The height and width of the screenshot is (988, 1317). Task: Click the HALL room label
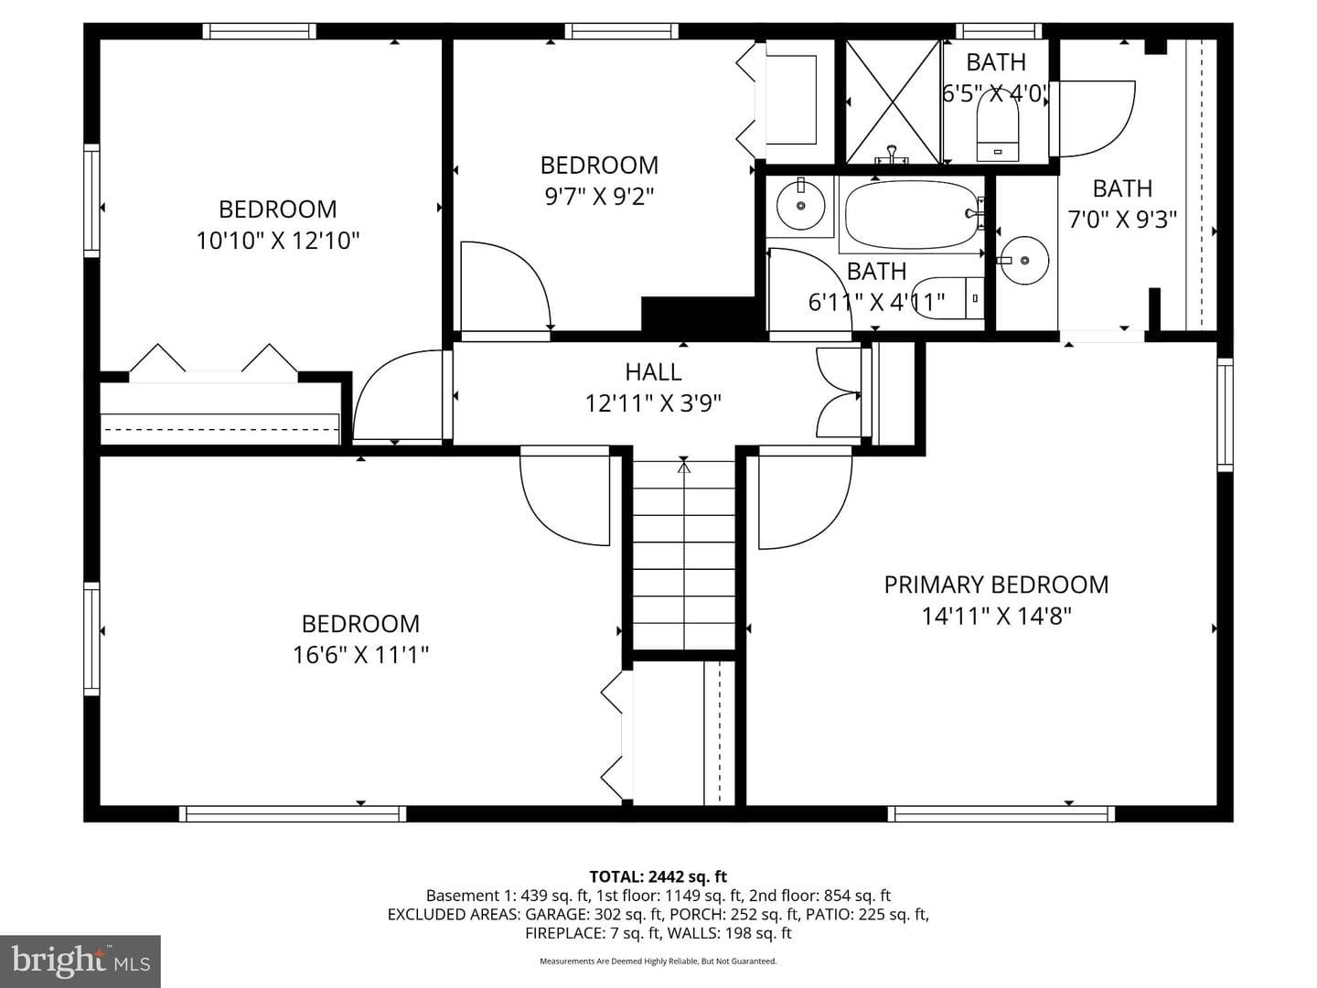click(x=653, y=372)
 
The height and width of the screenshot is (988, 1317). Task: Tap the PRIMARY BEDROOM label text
click(x=996, y=585)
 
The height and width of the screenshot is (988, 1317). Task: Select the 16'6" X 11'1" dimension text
click(x=360, y=654)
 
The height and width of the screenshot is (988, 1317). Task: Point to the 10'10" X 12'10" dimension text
click(x=278, y=241)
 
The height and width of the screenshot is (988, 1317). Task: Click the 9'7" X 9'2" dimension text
click(x=599, y=196)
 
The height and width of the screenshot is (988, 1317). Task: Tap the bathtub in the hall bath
click(x=912, y=214)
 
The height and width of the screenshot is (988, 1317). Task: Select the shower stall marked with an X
click(x=893, y=102)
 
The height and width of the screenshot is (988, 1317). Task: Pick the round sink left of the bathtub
click(x=800, y=205)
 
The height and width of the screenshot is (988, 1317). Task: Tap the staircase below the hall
click(x=684, y=554)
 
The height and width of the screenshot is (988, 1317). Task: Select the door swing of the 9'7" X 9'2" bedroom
click(x=505, y=285)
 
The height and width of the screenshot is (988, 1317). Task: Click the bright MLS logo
click(x=80, y=961)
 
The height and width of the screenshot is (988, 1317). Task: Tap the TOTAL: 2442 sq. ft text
click(x=658, y=877)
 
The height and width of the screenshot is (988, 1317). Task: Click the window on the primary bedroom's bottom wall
click(x=1001, y=814)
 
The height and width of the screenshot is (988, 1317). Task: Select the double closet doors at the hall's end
click(x=839, y=393)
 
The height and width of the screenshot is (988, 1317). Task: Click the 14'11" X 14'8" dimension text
click(x=996, y=616)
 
